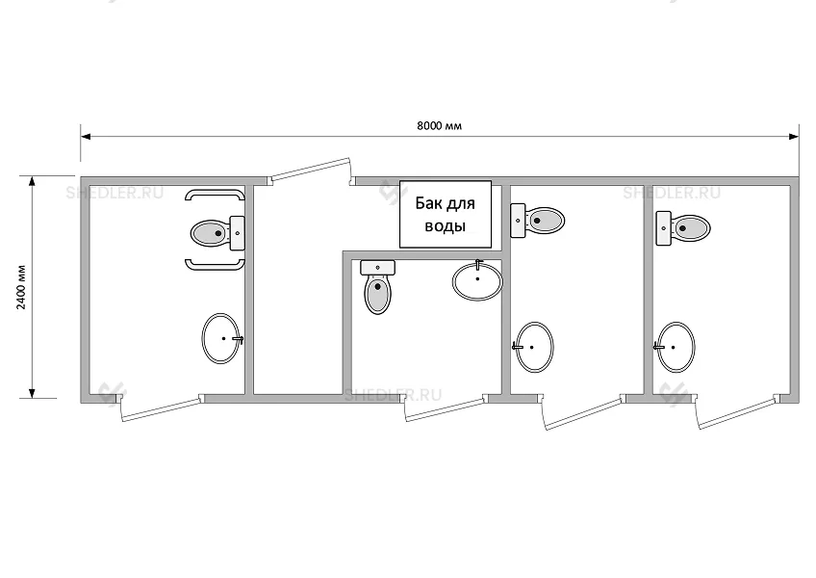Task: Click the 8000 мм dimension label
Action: [439, 125]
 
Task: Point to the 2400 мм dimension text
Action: [21, 287]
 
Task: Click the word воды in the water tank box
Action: [445, 226]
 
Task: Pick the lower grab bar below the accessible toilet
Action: [215, 266]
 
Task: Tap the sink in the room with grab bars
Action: [221, 339]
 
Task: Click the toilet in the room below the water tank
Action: [378, 287]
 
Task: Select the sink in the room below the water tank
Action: [477, 280]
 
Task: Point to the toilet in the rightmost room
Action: [683, 227]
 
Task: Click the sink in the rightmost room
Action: [676, 347]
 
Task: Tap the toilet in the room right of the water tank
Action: [538, 221]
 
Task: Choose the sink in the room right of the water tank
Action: [533, 347]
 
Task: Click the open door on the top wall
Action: [310, 171]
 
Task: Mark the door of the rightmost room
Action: [737, 411]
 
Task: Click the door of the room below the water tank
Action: [446, 408]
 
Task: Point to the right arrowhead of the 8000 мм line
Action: [794, 137]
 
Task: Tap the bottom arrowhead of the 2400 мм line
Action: [33, 393]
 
